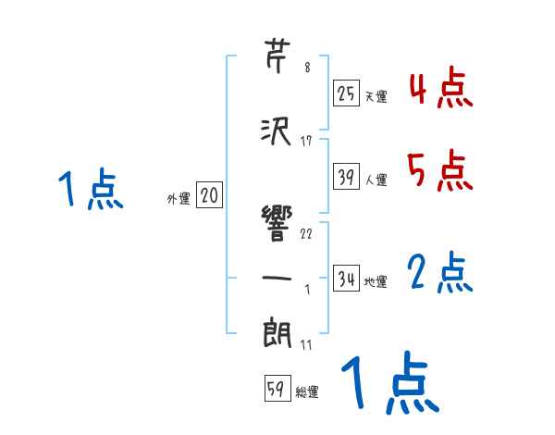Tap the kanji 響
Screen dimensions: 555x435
278,221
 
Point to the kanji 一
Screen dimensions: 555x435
278,277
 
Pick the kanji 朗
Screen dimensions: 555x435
278,331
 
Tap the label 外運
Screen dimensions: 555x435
178,198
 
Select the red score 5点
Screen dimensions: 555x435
441,171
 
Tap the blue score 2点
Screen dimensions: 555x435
441,273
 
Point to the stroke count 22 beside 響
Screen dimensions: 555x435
306,233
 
